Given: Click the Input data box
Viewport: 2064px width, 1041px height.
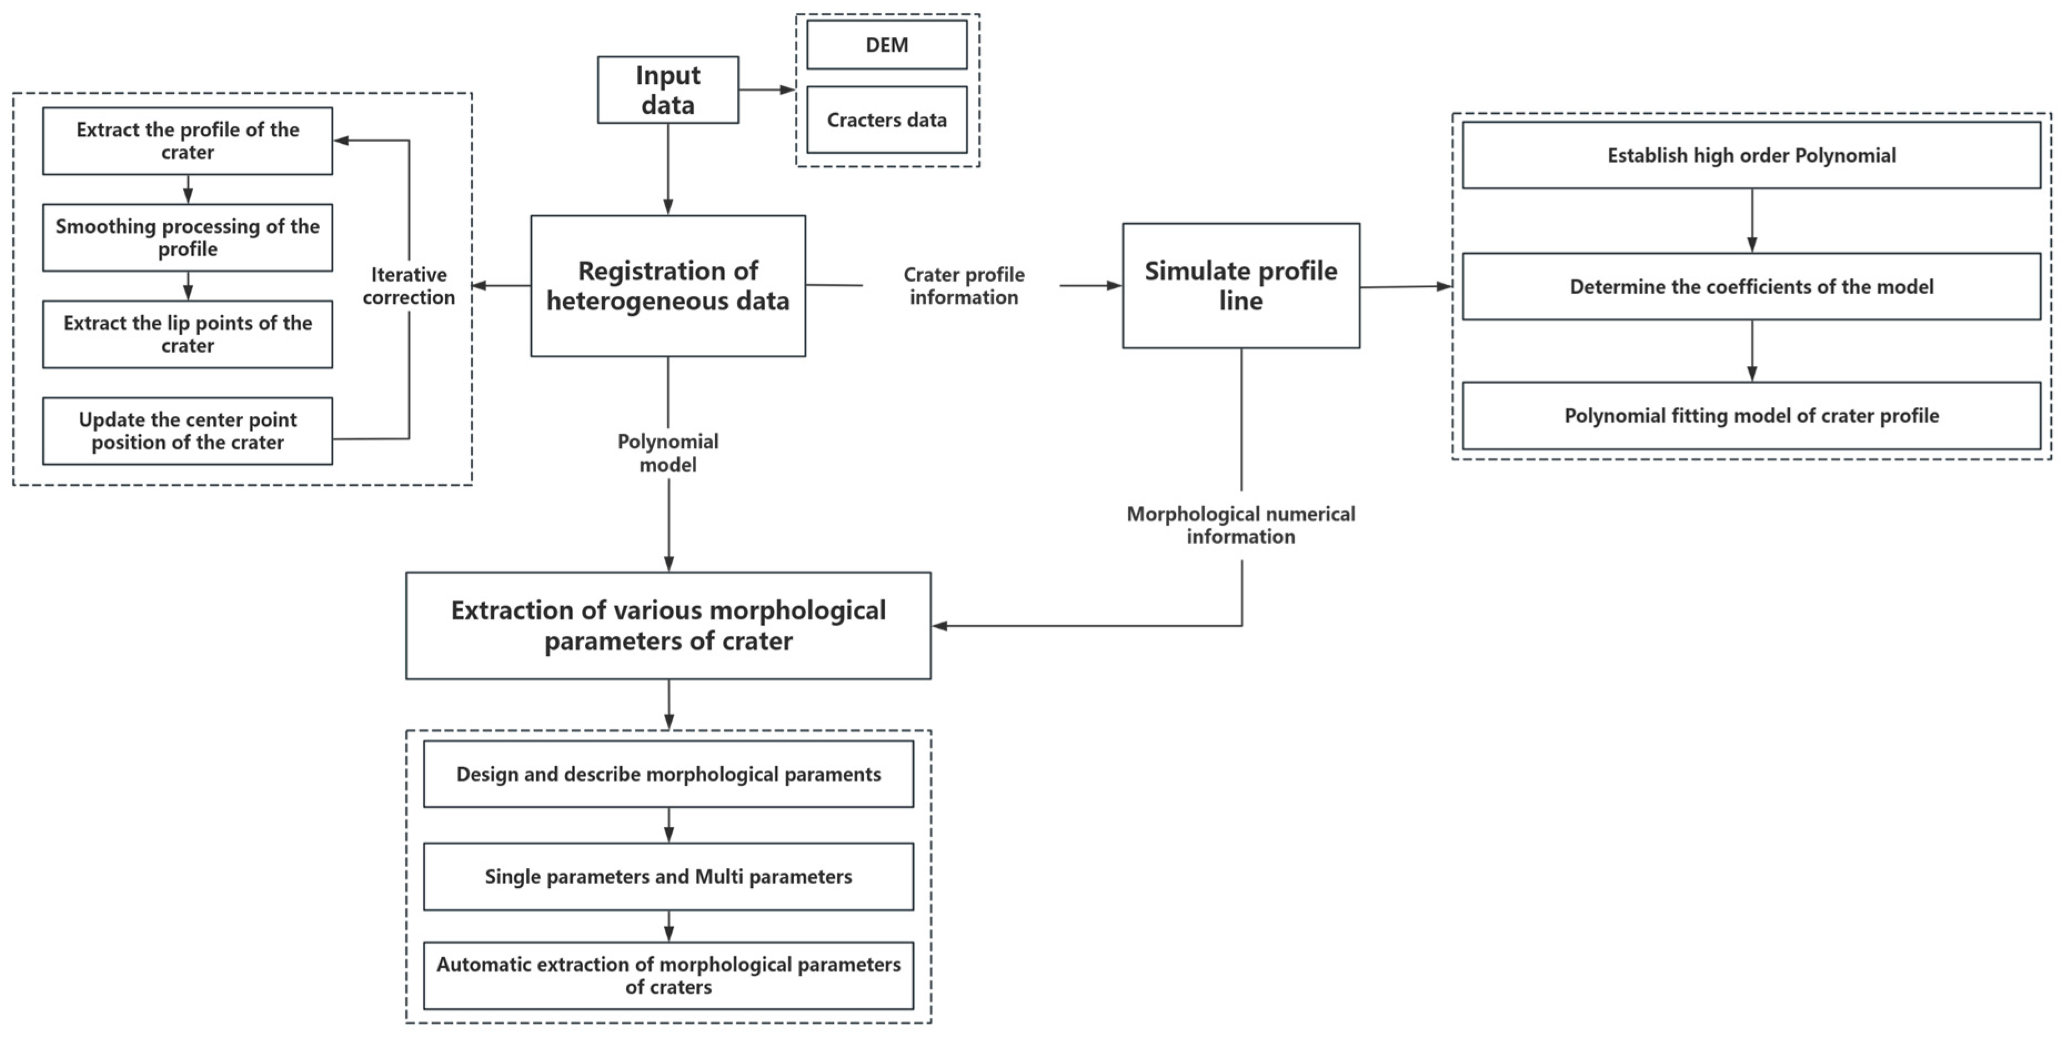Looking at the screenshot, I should pyautogui.click(x=667, y=90).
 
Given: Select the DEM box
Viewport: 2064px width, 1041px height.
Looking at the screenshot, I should pyautogui.click(x=886, y=45).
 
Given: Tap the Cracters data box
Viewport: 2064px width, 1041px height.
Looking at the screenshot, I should pyautogui.click(x=886, y=119).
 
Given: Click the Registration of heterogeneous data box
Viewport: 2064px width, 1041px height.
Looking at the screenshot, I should pyautogui.click(x=667, y=285).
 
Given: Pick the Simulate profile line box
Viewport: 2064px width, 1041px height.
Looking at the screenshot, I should pyautogui.click(x=1240, y=285).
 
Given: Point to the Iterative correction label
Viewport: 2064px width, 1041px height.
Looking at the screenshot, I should pyautogui.click(x=409, y=286).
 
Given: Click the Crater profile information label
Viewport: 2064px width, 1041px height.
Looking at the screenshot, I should pyautogui.click(x=963, y=286).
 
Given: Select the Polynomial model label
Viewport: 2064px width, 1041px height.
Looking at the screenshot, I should pyautogui.click(x=667, y=453).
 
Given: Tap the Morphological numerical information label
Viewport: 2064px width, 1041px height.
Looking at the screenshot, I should pyautogui.click(x=1240, y=525).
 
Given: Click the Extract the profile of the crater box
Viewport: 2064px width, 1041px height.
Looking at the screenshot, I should pyautogui.click(x=188, y=141).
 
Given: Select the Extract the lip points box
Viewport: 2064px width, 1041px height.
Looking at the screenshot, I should pyautogui.click(x=188, y=334).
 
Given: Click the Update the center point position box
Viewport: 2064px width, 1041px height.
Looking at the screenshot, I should pyautogui.click(x=188, y=431).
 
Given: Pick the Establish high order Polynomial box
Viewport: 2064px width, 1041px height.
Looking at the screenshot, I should pyautogui.click(x=1751, y=155).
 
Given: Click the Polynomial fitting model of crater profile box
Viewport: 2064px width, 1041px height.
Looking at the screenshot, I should pyautogui.click(x=1751, y=415).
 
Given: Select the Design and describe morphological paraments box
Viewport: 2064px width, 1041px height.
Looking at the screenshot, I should pyautogui.click(x=668, y=774).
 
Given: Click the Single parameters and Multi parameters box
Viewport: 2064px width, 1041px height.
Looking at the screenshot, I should pyautogui.click(x=668, y=876).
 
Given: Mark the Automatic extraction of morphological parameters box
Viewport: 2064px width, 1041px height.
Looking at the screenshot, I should pyautogui.click(x=668, y=975).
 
